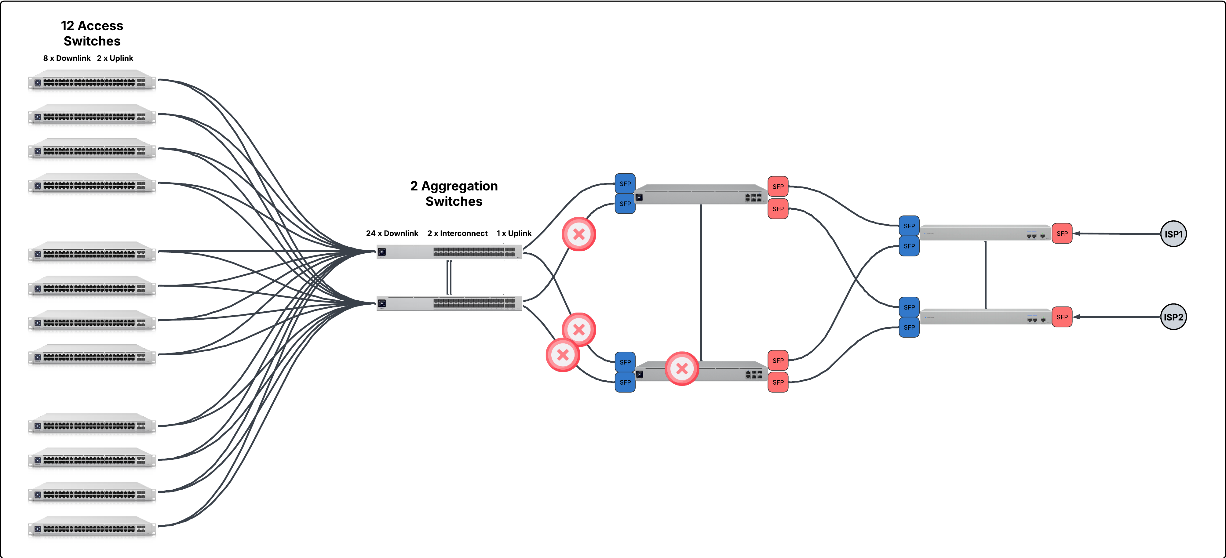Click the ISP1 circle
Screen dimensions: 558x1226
click(1173, 234)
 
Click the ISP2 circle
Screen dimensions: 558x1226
click(1173, 317)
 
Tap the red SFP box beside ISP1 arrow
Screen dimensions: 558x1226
click(1062, 234)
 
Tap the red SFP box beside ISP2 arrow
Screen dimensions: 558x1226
click(1062, 317)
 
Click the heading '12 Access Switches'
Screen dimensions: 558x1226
click(92, 33)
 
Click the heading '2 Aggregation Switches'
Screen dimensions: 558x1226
click(454, 194)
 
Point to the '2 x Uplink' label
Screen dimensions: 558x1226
click(115, 58)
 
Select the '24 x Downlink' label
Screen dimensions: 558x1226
click(392, 233)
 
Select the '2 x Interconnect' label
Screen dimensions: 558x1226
click(457, 233)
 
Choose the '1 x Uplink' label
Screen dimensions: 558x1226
click(514, 233)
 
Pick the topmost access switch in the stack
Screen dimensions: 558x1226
click(92, 82)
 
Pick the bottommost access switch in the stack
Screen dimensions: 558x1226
click(92, 528)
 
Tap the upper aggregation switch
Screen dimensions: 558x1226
click(449, 252)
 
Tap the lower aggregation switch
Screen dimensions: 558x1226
click(449, 303)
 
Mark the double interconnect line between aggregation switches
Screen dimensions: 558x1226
click(449, 277)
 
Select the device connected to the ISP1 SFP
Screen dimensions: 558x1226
click(985, 234)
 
